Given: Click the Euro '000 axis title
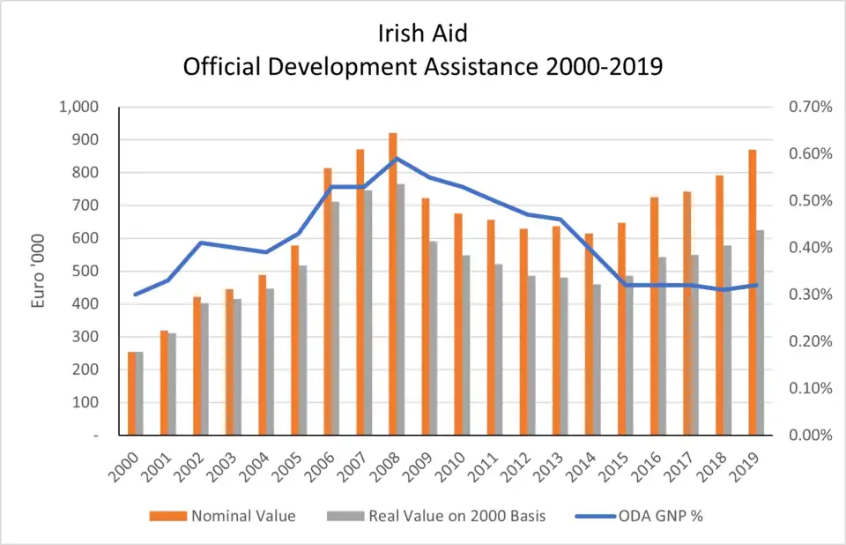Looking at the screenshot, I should click(39, 271).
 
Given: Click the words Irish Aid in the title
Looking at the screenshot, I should click(422, 35).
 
